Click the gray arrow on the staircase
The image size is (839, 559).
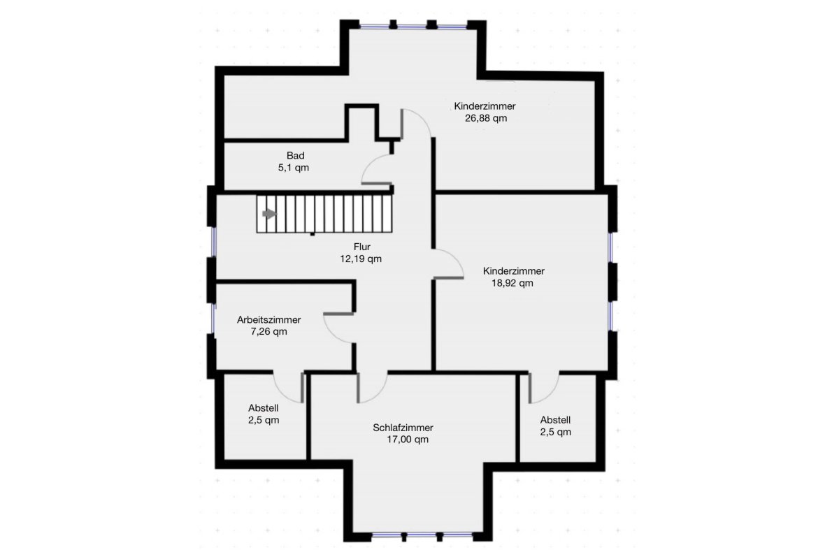(x=270, y=214)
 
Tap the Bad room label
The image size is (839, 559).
(x=296, y=155)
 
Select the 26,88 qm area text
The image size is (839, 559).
(x=486, y=118)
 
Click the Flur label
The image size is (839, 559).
(x=362, y=247)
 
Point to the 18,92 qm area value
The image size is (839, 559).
(x=512, y=283)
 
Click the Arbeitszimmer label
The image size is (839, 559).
(x=269, y=320)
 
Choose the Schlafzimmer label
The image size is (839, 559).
(x=403, y=428)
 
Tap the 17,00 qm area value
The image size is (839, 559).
(x=408, y=440)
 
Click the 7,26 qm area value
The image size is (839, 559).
(x=269, y=332)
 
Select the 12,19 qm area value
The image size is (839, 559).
(x=361, y=259)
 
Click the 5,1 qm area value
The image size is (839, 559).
(x=294, y=168)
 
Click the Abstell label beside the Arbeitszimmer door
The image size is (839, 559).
(x=264, y=408)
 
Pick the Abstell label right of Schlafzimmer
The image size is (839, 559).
(x=555, y=420)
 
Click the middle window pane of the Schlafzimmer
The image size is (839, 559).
(x=422, y=535)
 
